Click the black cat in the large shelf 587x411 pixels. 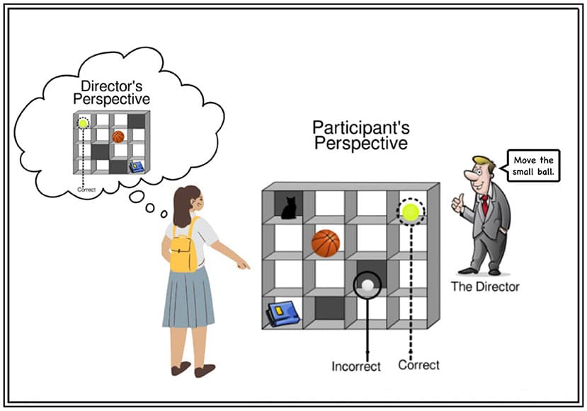[x=288, y=208]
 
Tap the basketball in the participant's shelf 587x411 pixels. [x=325, y=243]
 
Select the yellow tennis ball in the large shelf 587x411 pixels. [x=410, y=211]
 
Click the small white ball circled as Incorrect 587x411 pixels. [x=367, y=286]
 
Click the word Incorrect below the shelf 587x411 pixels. [x=356, y=366]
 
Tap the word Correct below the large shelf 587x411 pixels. [x=418, y=365]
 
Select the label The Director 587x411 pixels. [x=485, y=286]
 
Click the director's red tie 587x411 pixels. [x=484, y=205]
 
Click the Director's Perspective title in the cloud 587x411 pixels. [x=115, y=93]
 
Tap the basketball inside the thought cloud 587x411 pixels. [x=118, y=137]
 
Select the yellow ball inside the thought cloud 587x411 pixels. [x=84, y=123]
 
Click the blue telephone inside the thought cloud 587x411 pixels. [x=136, y=166]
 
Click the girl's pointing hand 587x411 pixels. [x=243, y=265]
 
